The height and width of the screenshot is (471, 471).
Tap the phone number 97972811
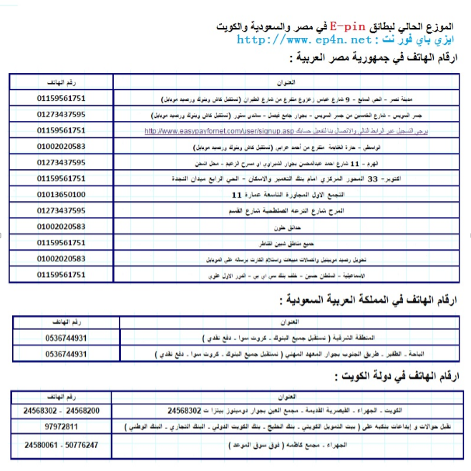click(62, 427)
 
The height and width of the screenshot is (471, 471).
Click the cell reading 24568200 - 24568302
click(61, 410)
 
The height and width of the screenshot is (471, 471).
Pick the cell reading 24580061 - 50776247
click(61, 445)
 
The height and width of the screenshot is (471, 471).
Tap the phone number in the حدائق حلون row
click(62, 226)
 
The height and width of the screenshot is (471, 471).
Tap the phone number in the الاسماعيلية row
click(62, 274)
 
